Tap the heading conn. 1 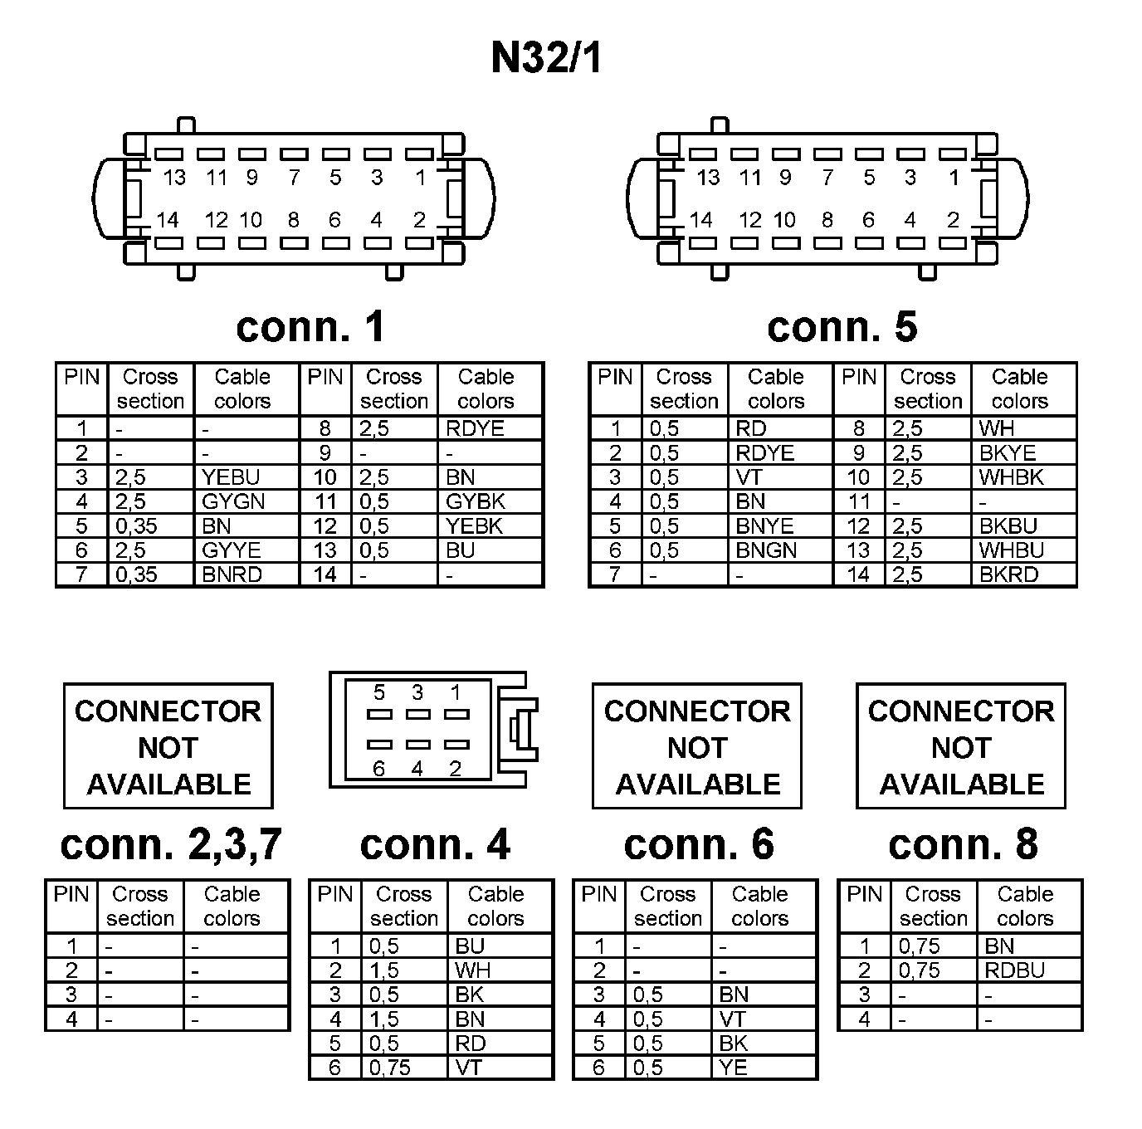(311, 327)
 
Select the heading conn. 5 (842, 327)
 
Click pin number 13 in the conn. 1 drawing (174, 178)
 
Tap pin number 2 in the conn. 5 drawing (953, 220)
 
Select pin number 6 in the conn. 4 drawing (378, 769)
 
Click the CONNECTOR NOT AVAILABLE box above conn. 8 (961, 746)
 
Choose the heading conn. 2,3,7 (171, 845)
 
